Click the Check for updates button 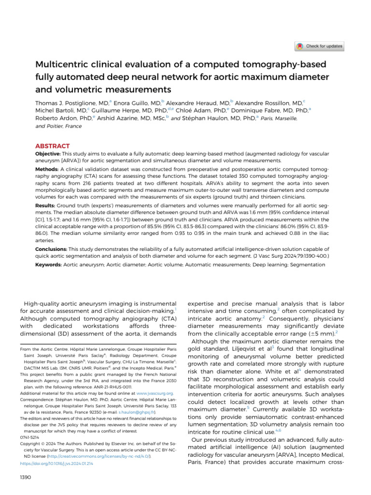tap(320, 46)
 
